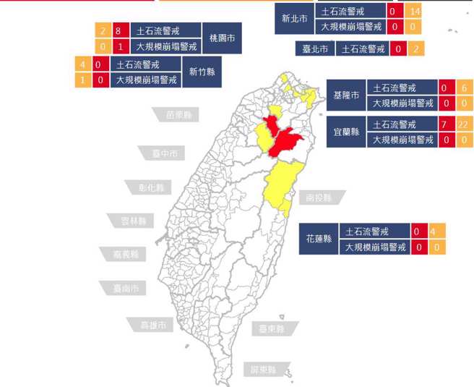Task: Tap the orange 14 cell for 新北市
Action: [x=414, y=12]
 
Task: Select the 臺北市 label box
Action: [x=314, y=49]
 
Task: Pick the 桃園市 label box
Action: [x=221, y=38]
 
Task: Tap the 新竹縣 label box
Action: [x=202, y=72]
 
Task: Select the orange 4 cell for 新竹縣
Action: [x=84, y=64]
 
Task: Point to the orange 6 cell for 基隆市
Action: [x=463, y=88]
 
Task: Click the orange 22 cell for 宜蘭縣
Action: [x=463, y=124]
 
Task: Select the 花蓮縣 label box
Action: [x=318, y=239]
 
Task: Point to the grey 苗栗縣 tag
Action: [x=177, y=115]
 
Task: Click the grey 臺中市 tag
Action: [x=164, y=153]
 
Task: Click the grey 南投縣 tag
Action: [x=319, y=197]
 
